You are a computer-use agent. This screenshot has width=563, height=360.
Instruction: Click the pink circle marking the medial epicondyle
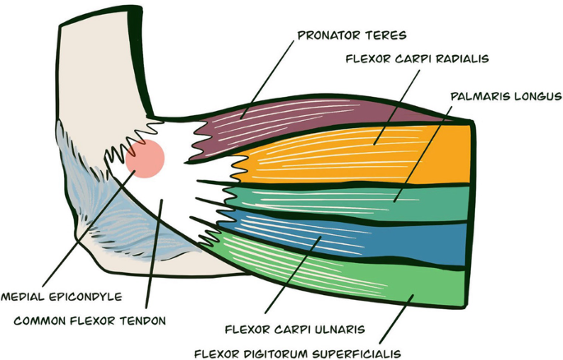tap(146, 159)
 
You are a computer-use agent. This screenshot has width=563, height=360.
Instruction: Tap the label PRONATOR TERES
tap(352, 35)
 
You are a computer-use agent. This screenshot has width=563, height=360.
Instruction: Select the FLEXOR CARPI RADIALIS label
tap(417, 59)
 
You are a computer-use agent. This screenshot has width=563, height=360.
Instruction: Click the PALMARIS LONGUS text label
tap(505, 96)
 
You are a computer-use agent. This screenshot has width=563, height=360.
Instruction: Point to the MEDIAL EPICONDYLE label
tap(61, 296)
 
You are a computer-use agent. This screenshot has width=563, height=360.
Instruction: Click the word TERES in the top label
tap(386, 35)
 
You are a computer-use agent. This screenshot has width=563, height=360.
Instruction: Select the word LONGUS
tap(534, 96)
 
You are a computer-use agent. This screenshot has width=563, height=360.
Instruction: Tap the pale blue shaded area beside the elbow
tap(123, 222)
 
